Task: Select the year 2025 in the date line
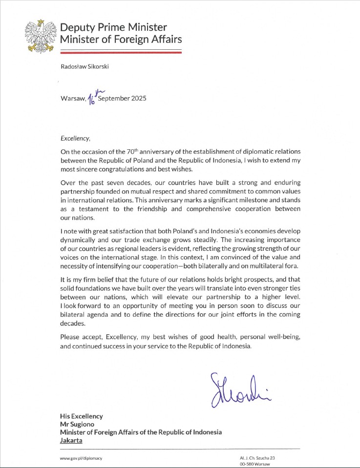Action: (x=137, y=98)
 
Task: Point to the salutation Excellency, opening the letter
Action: (x=75, y=138)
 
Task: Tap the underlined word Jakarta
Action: (x=71, y=440)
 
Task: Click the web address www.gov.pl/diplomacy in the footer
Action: (x=81, y=458)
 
